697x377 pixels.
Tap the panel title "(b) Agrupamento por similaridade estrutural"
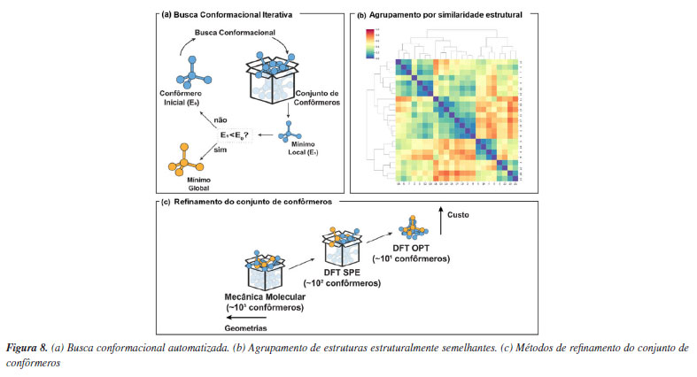click(438, 15)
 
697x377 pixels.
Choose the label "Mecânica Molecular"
click(263, 296)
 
